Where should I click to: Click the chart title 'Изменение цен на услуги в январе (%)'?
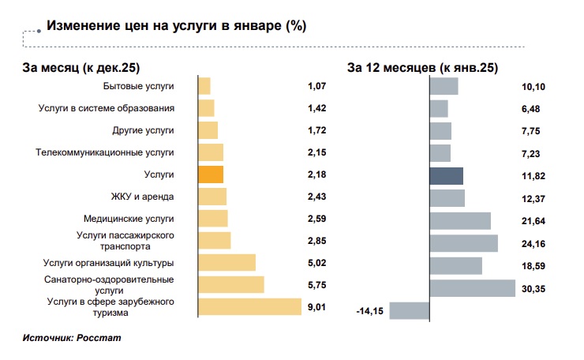(176, 26)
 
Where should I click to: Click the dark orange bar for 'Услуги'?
(211, 174)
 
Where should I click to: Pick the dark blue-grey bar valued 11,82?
(446, 175)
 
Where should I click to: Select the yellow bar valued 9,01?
(249, 307)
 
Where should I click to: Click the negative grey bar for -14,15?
(409, 311)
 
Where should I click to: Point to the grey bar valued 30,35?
(472, 289)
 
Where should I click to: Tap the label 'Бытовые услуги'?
(139, 86)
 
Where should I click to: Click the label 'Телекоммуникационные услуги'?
(105, 152)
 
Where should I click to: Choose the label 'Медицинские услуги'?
(129, 219)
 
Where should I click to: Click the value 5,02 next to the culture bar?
(316, 263)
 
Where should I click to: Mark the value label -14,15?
(369, 312)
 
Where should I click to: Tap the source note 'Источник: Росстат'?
(72, 337)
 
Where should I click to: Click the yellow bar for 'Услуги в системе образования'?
(206, 108)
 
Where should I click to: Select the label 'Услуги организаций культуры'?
(109, 263)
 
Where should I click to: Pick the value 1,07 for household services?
(316, 86)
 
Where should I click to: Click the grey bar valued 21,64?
(459, 219)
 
